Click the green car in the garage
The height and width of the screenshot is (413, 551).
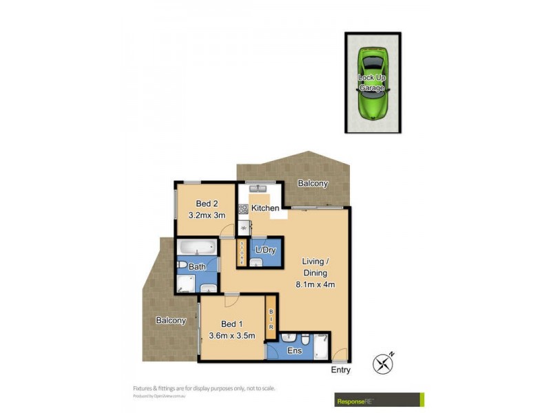pyautogui.click(x=373, y=83)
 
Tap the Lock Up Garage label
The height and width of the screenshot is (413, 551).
pyautogui.click(x=372, y=83)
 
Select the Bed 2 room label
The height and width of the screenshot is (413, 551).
pyautogui.click(x=207, y=203)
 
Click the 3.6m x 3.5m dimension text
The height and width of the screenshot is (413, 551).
pyautogui.click(x=232, y=336)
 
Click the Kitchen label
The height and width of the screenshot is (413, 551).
pyautogui.click(x=265, y=208)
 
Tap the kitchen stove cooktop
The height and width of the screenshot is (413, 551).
pyautogui.click(x=243, y=209)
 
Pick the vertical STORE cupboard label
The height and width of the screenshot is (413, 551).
pyautogui.click(x=242, y=252)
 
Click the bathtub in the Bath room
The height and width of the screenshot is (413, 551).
pyautogui.click(x=197, y=247)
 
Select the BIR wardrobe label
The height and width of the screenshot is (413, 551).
pyautogui.click(x=271, y=321)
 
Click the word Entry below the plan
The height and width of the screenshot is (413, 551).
pyautogui.click(x=340, y=370)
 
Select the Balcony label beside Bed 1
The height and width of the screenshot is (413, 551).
pyautogui.click(x=171, y=321)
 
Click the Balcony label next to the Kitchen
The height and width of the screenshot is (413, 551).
pyautogui.click(x=313, y=184)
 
